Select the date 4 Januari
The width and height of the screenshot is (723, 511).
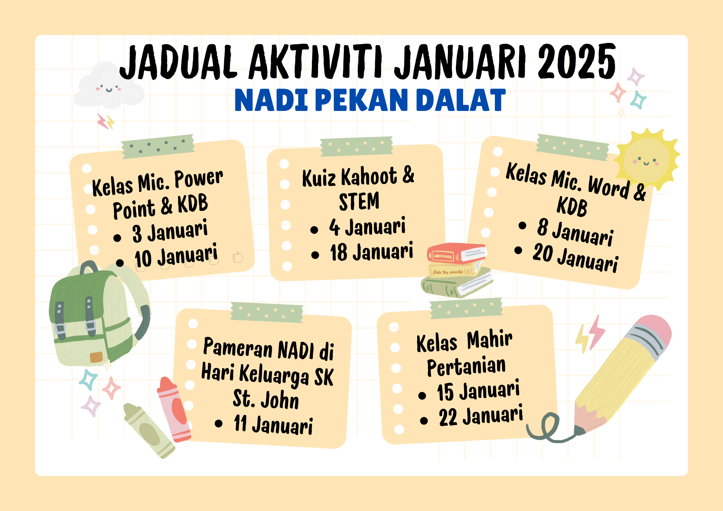pyautogui.click(x=367, y=227)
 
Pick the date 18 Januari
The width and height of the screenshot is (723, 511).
pyautogui.click(x=372, y=252)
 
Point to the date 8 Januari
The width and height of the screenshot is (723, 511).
pyautogui.click(x=575, y=232)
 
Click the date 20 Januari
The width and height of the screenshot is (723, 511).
pyautogui.click(x=576, y=258)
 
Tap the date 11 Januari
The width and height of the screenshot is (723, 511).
pyautogui.click(x=273, y=424)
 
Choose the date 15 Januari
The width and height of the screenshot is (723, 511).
pyautogui.click(x=478, y=391)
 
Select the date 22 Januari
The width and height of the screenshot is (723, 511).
pyautogui.click(x=481, y=415)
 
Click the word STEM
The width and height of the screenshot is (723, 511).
pyautogui.click(x=359, y=201)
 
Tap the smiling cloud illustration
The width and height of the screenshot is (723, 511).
pyautogui.click(x=108, y=86)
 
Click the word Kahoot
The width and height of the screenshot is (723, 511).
pyautogui.click(x=369, y=177)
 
